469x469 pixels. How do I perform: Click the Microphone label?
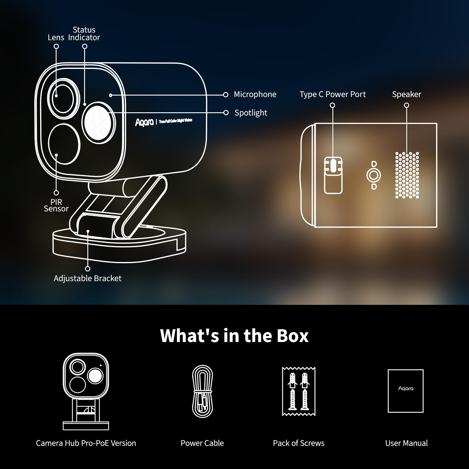point(255,94)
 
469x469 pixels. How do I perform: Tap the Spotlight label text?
point(251,113)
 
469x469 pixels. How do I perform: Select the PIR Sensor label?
point(56,205)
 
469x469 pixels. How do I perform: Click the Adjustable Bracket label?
point(87,278)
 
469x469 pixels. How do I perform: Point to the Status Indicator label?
point(84,34)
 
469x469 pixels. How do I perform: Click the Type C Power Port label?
point(332,94)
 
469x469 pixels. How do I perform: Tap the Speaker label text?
point(406,94)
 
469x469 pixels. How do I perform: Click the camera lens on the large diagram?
point(63,98)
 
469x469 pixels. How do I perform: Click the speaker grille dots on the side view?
point(407,175)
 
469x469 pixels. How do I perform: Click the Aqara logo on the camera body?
point(144,122)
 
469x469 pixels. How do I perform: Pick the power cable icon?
point(202,391)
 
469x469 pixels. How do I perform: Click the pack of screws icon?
point(298,391)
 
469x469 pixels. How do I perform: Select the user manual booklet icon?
point(405,391)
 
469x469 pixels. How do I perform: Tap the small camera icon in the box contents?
point(86,391)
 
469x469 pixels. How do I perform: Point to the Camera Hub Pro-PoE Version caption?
point(86,443)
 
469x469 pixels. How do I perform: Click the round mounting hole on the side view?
point(373,176)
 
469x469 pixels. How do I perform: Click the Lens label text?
point(56,38)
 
